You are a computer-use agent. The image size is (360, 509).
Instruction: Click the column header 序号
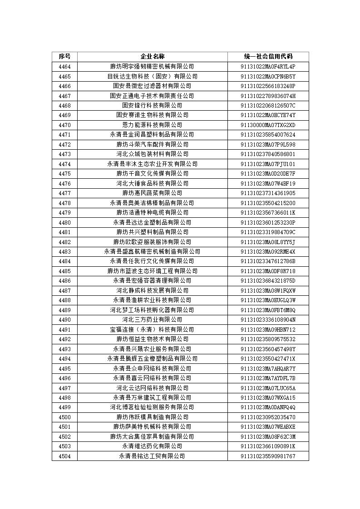pyautogui.click(x=64, y=57)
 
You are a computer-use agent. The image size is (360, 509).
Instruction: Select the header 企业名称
pyautogui.click(x=152, y=57)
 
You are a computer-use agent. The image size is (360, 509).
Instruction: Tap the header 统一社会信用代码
pyautogui.click(x=268, y=57)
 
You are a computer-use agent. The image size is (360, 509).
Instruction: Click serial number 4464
pyautogui.click(x=64, y=67)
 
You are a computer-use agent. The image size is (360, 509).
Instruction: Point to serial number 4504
pyautogui.click(x=64, y=456)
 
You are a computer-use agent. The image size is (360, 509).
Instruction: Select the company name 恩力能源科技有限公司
pyautogui.click(x=152, y=125)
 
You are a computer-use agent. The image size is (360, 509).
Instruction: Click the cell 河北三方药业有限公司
pyautogui.click(x=152, y=320)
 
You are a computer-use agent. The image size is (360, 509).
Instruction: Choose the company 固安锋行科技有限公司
pyautogui.click(x=152, y=105)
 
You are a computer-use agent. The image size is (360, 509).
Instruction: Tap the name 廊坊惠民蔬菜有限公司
pyautogui.click(x=152, y=193)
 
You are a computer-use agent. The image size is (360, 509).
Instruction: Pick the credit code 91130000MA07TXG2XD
pyautogui.click(x=268, y=125)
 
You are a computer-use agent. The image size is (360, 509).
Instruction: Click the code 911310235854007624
pyautogui.click(x=268, y=135)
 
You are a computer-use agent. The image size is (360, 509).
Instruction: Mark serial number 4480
pyautogui.click(x=64, y=222)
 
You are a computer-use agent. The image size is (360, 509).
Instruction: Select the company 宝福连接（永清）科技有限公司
pyautogui.click(x=152, y=329)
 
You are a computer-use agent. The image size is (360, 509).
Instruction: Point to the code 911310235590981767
pyautogui.click(x=268, y=456)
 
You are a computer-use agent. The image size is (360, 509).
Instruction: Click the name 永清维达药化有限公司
pyautogui.click(x=152, y=446)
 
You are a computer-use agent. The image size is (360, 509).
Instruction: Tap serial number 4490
pyautogui.click(x=64, y=320)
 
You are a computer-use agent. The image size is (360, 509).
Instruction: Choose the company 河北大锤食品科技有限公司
pyautogui.click(x=152, y=183)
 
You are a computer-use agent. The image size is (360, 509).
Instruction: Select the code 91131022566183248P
pyautogui.click(x=268, y=86)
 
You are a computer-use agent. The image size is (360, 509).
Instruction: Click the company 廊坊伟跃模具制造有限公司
pyautogui.click(x=152, y=417)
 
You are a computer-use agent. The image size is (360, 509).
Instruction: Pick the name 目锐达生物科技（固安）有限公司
pyautogui.click(x=152, y=76)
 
